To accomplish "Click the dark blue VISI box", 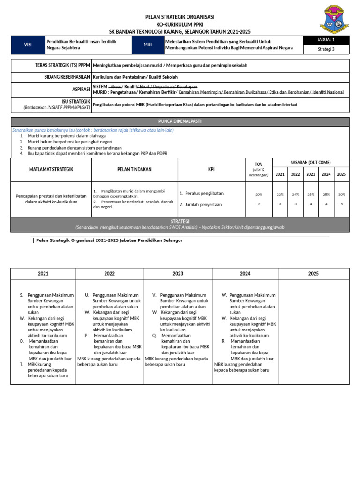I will (x=28, y=45).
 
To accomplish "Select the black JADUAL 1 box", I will (x=326, y=40).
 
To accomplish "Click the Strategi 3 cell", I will (x=326, y=49).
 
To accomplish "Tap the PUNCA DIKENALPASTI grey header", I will (x=180, y=121).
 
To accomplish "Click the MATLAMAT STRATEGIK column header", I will (x=51, y=169).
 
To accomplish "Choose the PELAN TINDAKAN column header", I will (x=135, y=169).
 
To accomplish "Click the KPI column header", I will (x=211, y=169).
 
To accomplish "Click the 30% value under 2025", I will (x=342, y=194).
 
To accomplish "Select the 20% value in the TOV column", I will (x=259, y=194).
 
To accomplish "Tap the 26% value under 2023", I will (x=311, y=194).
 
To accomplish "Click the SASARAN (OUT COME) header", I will (x=311, y=162).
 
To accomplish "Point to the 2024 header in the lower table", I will (x=245, y=274).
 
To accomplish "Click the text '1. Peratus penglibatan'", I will (x=201, y=193).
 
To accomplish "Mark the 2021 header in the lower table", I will (x=43, y=274).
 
